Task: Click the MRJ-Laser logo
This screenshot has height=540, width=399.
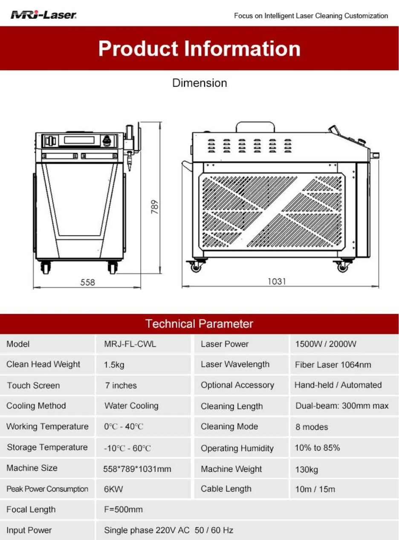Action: (x=43, y=15)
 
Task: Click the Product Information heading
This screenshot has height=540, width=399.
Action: (x=199, y=49)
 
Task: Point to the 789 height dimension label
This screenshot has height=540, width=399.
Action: (x=155, y=207)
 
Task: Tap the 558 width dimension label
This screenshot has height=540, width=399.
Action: (x=87, y=282)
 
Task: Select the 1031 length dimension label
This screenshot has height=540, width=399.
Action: (x=277, y=281)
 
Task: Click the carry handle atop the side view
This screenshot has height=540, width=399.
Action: (x=255, y=126)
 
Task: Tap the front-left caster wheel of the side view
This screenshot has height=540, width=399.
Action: (x=196, y=267)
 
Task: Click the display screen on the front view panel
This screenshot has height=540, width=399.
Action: (x=79, y=140)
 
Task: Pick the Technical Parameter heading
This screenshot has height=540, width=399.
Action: (x=199, y=324)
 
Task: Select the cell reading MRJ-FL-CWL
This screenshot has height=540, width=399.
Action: (x=130, y=344)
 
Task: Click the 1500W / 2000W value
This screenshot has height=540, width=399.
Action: (x=326, y=344)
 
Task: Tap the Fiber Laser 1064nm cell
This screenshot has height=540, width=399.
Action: (x=333, y=365)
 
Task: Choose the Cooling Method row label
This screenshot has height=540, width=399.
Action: (x=36, y=405)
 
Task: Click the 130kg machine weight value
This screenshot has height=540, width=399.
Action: (x=306, y=469)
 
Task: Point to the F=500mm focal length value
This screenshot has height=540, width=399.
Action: (x=123, y=509)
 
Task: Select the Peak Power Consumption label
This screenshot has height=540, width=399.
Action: (x=47, y=489)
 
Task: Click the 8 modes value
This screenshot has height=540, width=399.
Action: (x=312, y=427)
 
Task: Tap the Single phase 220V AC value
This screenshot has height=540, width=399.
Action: (x=147, y=530)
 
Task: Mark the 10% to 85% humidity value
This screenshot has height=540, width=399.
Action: (x=317, y=448)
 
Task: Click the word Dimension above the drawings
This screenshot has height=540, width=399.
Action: (x=199, y=83)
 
